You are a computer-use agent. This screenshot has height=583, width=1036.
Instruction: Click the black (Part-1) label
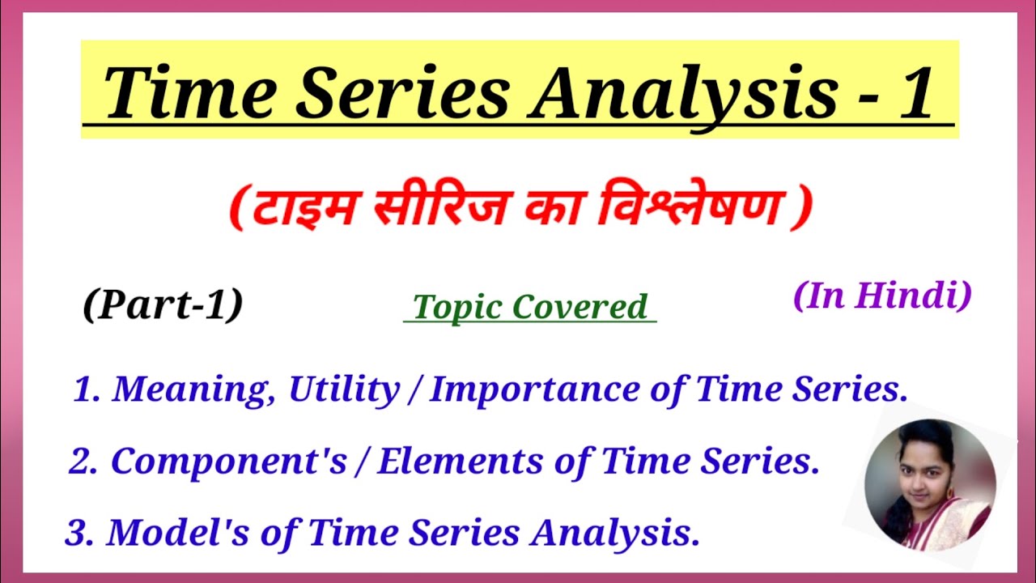point(163,304)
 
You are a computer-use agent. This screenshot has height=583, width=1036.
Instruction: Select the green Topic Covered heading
point(530,307)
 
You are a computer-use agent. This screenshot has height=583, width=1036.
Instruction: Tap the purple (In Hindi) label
point(882,296)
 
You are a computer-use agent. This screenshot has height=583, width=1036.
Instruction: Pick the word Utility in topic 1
point(344,390)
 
